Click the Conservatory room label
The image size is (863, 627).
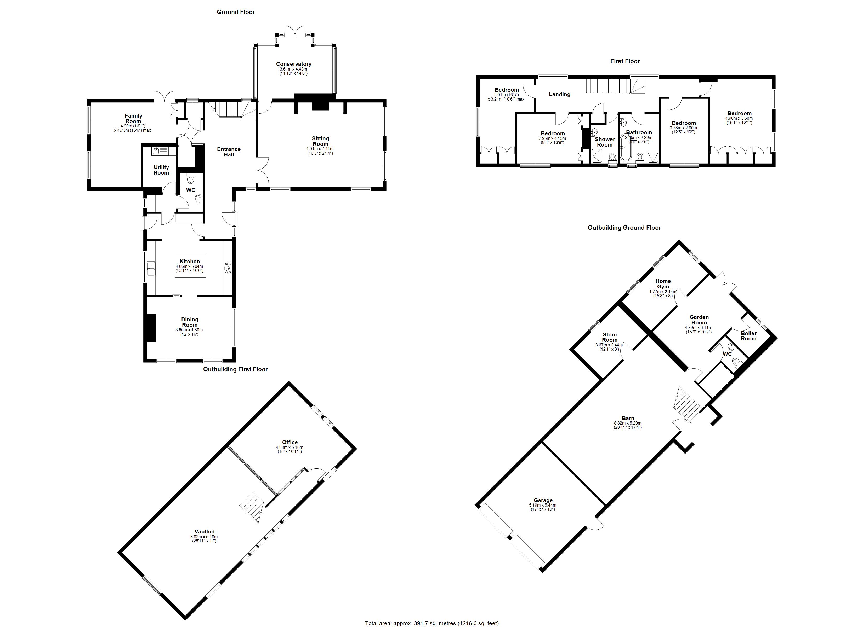[x=293, y=64]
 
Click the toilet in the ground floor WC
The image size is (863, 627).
[x=191, y=179]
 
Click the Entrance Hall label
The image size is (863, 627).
[x=229, y=152]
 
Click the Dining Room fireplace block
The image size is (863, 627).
[x=151, y=328]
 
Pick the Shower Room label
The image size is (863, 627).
[x=605, y=142]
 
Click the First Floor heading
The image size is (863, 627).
[x=625, y=61]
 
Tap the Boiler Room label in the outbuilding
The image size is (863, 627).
[x=748, y=336]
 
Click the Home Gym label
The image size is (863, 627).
[x=663, y=284]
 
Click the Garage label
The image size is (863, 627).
[x=543, y=500]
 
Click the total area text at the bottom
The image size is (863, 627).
[x=432, y=623]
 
